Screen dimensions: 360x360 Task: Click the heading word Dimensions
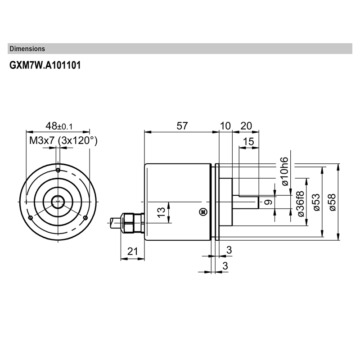tap(27, 49)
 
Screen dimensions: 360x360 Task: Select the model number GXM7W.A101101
tap(45, 65)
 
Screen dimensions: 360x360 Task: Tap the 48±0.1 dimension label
tap(58, 126)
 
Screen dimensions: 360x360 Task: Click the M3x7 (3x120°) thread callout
tap(63, 140)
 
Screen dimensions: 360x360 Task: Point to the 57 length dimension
tap(181, 126)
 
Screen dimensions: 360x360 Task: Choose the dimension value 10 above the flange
tap(225, 126)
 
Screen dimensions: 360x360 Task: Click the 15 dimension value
tap(248, 142)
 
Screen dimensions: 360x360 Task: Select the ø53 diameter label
tap(316, 202)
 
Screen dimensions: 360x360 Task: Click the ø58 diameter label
tap(332, 202)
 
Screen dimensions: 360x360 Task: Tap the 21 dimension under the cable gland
tap(132, 252)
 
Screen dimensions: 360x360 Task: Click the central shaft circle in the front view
tap(58, 202)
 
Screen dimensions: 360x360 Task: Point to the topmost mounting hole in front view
tap(58, 170)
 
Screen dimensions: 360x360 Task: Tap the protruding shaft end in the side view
tap(249, 203)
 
